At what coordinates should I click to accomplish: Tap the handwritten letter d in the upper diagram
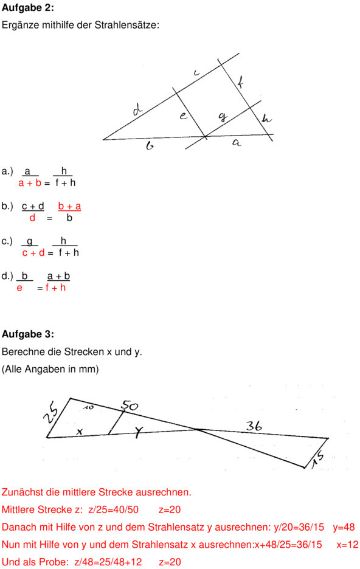138,111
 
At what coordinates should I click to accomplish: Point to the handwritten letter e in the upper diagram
183,116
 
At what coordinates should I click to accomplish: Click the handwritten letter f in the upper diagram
240,82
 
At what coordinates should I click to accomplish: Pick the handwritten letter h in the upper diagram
266,119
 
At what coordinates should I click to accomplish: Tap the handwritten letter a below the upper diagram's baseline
237,143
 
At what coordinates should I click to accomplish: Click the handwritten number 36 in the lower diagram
254,427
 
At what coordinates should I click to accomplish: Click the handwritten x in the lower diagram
80,431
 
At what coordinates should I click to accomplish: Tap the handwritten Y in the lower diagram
139,432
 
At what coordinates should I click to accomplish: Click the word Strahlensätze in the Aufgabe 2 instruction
131,26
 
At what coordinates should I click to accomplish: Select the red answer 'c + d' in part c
33,253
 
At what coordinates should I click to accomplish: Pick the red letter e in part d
19,288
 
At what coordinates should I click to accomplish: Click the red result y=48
344,527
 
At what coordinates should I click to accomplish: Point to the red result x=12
347,545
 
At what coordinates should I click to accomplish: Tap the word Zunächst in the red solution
21,492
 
